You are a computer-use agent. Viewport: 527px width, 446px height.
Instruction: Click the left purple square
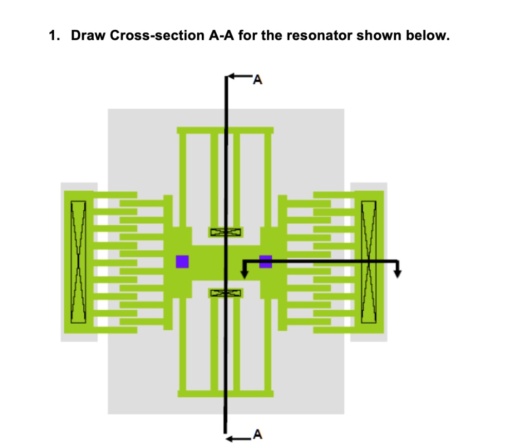click(x=182, y=261)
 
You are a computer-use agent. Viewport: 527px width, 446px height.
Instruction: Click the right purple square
click(x=266, y=261)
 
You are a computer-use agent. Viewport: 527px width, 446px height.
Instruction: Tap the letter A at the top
click(x=258, y=80)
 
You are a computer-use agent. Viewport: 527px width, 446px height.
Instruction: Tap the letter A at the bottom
click(x=258, y=435)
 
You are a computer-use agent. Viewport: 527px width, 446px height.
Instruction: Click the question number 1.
click(x=53, y=37)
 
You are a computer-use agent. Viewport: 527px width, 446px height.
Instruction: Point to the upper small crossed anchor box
click(x=225, y=233)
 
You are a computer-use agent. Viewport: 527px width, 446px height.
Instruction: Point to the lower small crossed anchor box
click(x=225, y=293)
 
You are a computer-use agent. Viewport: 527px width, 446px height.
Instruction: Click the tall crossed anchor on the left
click(x=78, y=262)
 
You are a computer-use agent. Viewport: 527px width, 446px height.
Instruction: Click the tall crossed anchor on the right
click(x=369, y=262)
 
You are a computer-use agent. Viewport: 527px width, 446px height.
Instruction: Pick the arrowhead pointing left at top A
click(x=231, y=77)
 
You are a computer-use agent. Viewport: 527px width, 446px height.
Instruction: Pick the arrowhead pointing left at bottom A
click(x=231, y=438)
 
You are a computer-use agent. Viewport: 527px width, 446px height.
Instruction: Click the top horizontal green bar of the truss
click(x=225, y=130)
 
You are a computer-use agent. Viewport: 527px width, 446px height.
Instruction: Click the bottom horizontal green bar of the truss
click(x=225, y=393)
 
